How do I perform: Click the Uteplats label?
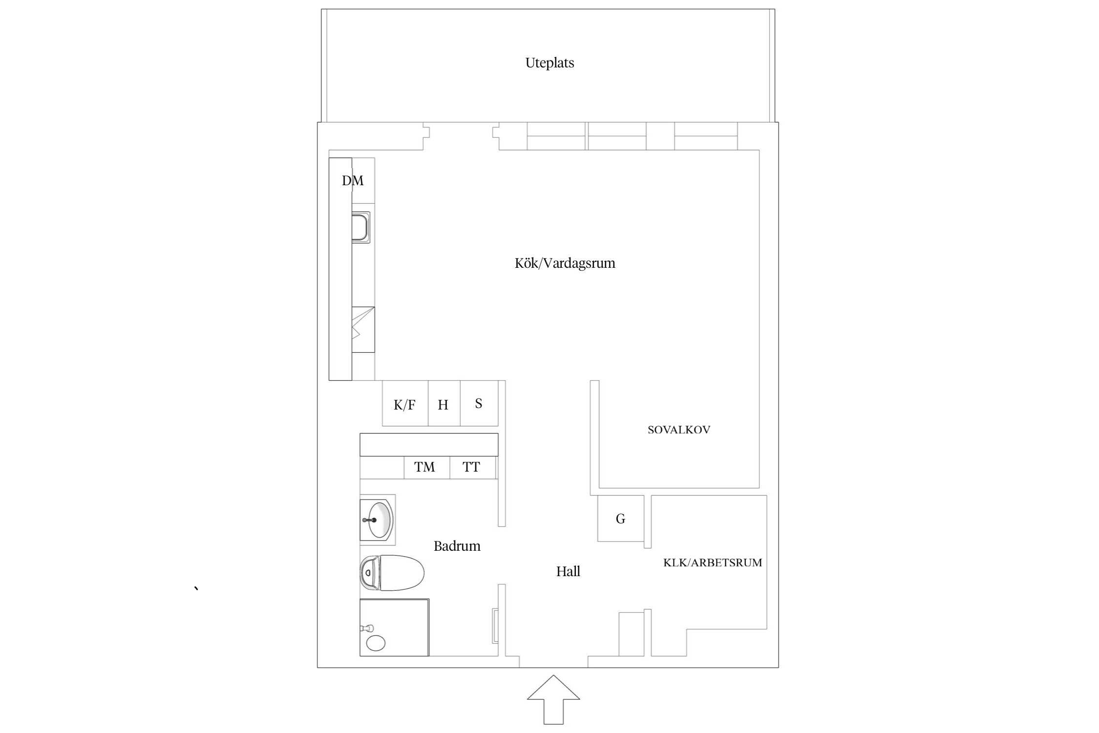tap(549, 63)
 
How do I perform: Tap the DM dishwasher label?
tap(353, 181)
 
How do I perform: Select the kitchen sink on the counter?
tap(361, 227)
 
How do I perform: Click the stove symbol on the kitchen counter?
tap(363, 329)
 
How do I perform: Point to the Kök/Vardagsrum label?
tap(565, 263)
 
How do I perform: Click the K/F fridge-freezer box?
tap(405, 404)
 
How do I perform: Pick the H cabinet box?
tap(444, 404)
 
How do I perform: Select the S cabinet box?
tap(479, 403)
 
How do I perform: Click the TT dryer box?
tap(472, 467)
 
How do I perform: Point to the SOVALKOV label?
tap(678, 430)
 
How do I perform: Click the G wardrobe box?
tap(620, 518)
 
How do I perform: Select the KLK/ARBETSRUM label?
tap(712, 562)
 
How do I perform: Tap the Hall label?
tap(568, 571)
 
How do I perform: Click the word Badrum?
tap(457, 546)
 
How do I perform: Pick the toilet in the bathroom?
tap(392, 573)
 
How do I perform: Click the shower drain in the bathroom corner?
tap(376, 643)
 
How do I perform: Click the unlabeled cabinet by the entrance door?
tap(631, 634)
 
